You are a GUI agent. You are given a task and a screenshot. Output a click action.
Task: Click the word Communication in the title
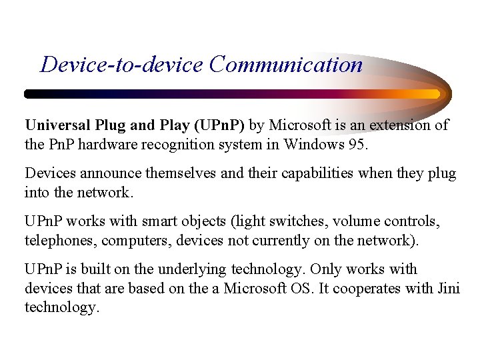[285, 65]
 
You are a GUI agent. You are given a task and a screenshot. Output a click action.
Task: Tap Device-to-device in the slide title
[121, 65]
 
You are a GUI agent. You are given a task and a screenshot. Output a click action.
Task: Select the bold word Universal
[56, 125]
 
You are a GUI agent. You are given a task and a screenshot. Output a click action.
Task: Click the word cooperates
[377, 289]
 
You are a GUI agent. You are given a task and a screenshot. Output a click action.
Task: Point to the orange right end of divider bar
[432, 94]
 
